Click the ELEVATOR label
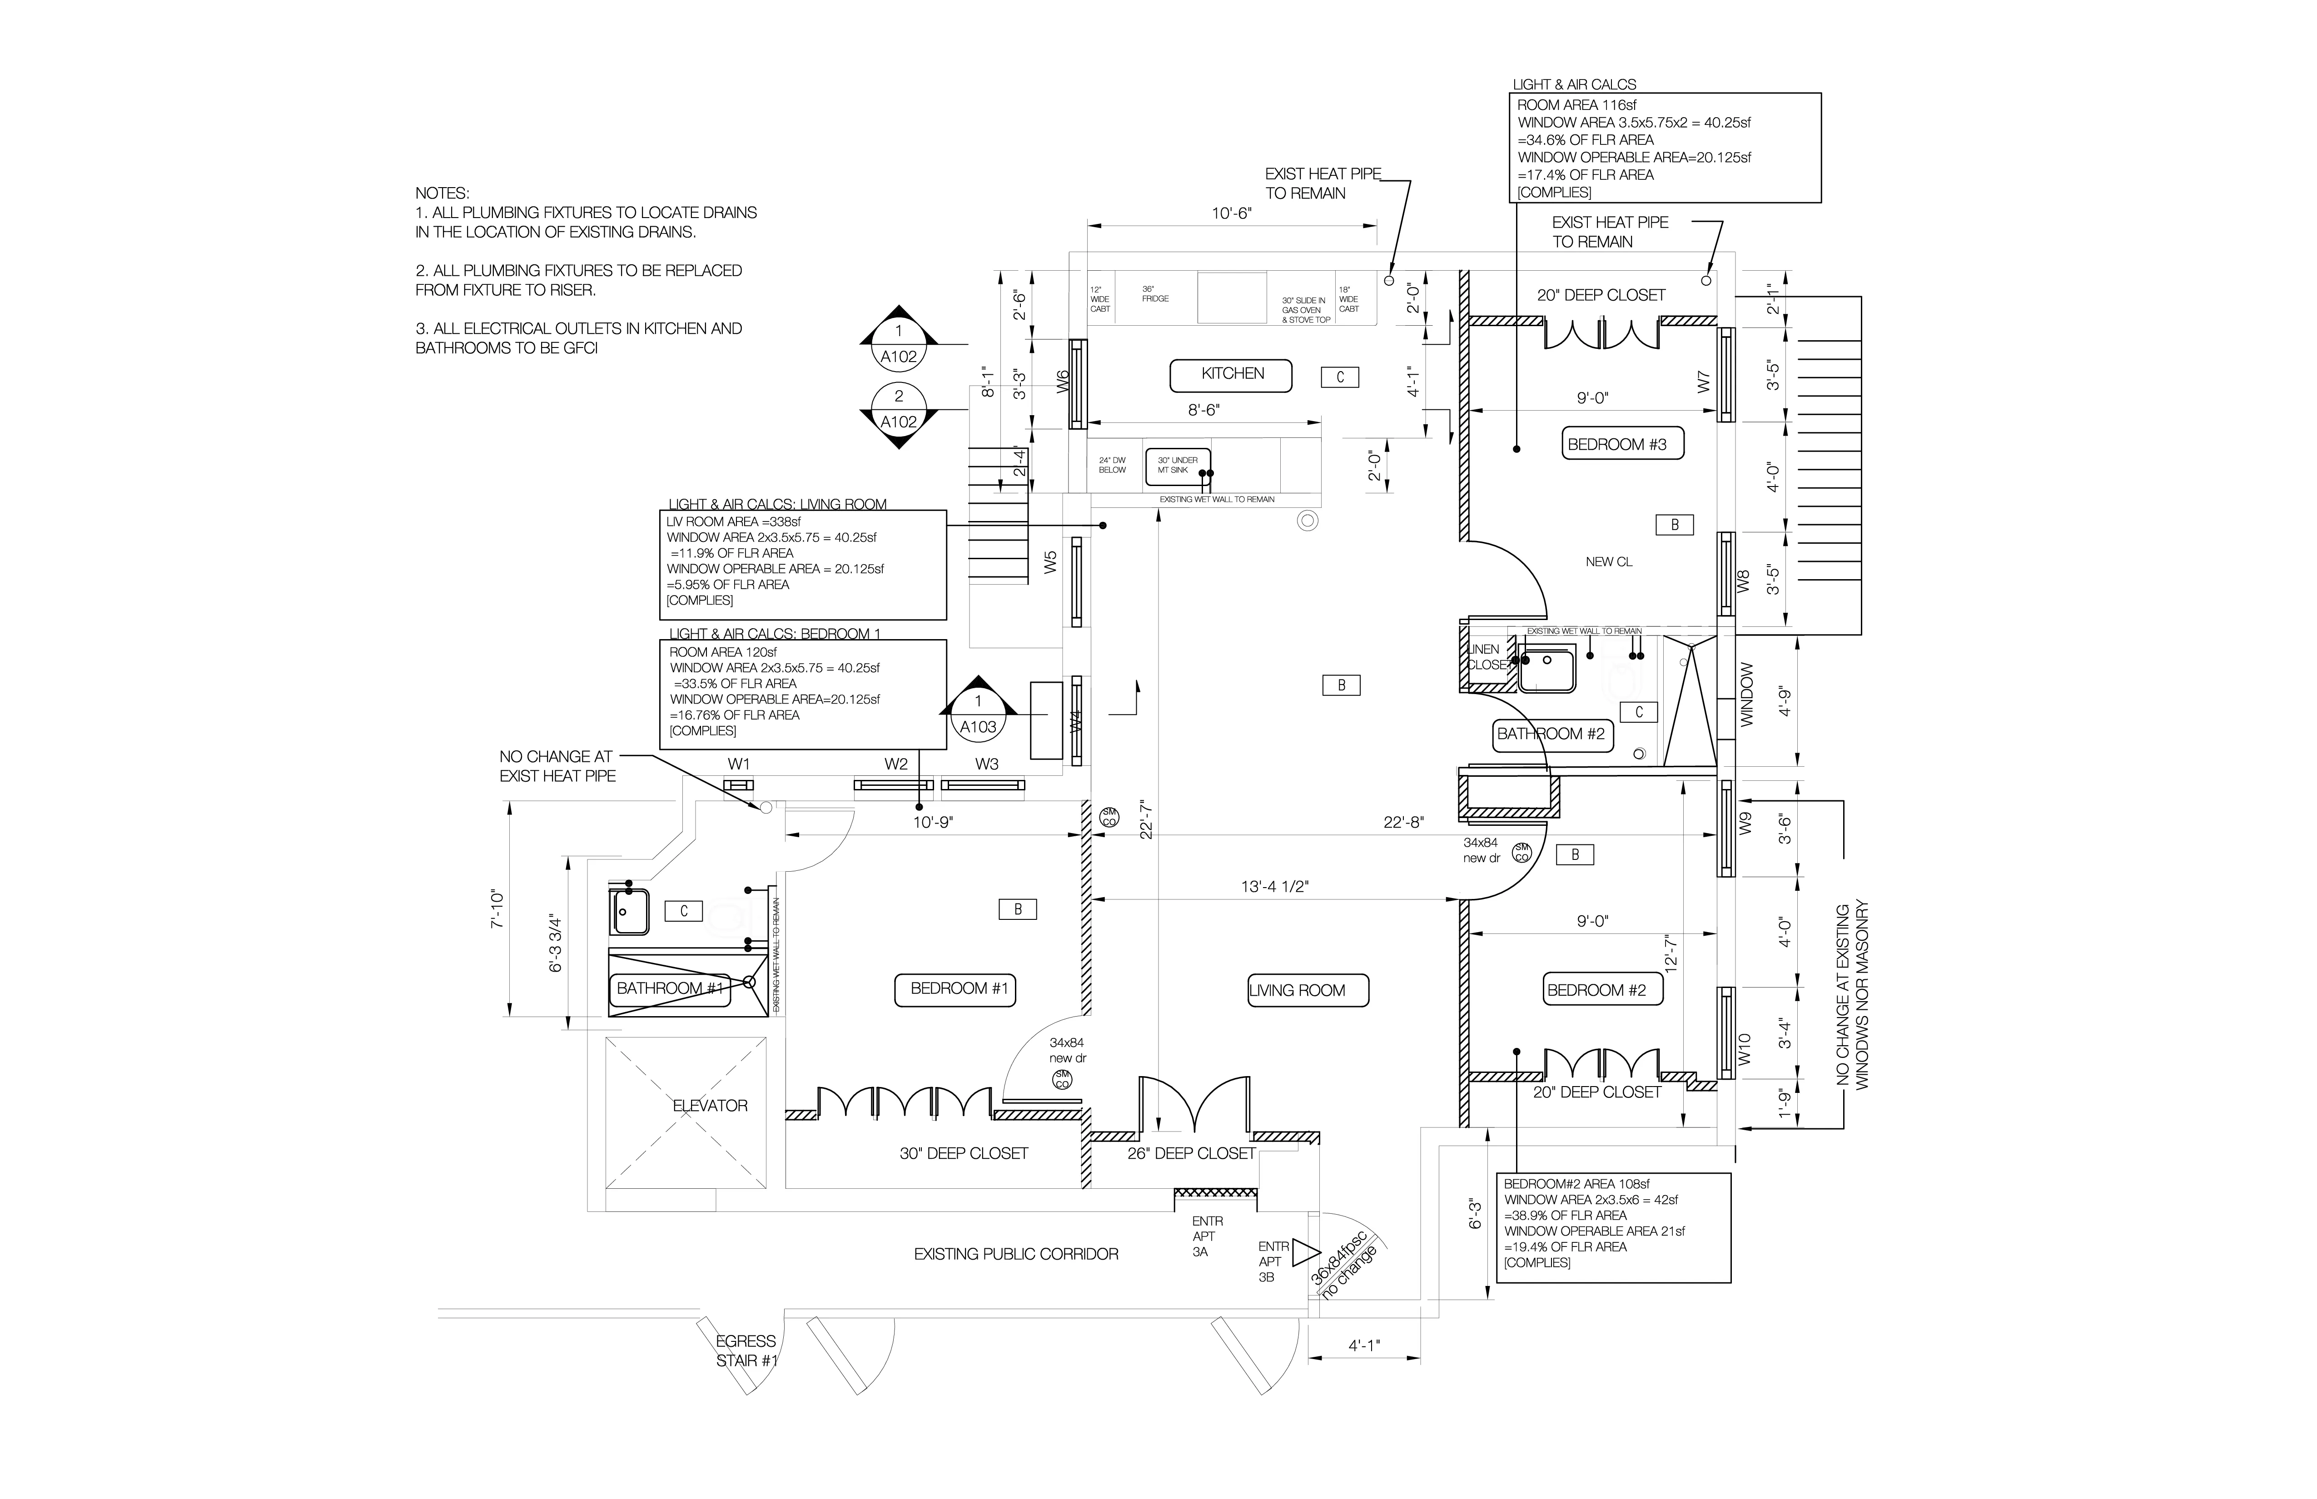point(710,1106)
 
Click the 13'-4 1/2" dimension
point(1274,887)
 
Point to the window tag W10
point(1745,1048)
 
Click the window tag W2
point(895,764)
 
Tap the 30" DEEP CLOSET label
point(963,1153)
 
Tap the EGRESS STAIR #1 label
point(747,1351)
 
